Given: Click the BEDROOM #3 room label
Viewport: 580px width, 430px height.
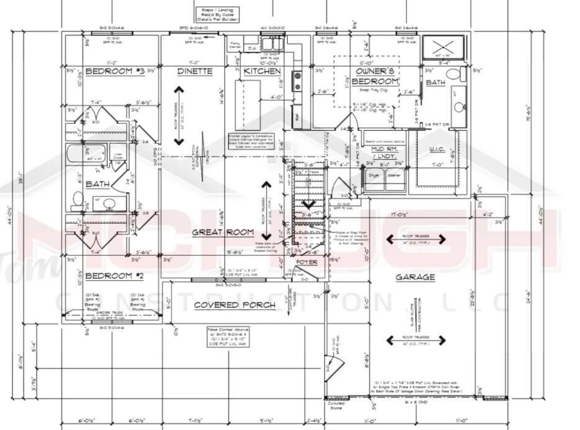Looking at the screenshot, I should (114, 71).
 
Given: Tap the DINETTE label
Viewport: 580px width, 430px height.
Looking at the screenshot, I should (195, 71).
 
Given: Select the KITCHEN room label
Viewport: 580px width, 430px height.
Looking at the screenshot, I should (262, 72).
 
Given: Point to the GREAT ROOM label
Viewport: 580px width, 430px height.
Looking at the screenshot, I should (223, 232).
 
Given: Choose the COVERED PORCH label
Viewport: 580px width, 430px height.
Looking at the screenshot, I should (225, 305).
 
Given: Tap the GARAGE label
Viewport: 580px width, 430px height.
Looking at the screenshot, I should (415, 277).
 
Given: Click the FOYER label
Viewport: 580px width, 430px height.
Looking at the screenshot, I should (306, 262).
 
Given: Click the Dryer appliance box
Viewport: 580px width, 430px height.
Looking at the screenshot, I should (374, 175).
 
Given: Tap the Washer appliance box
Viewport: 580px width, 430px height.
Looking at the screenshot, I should (393, 175).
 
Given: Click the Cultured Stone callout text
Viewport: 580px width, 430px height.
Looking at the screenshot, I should (336, 405).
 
